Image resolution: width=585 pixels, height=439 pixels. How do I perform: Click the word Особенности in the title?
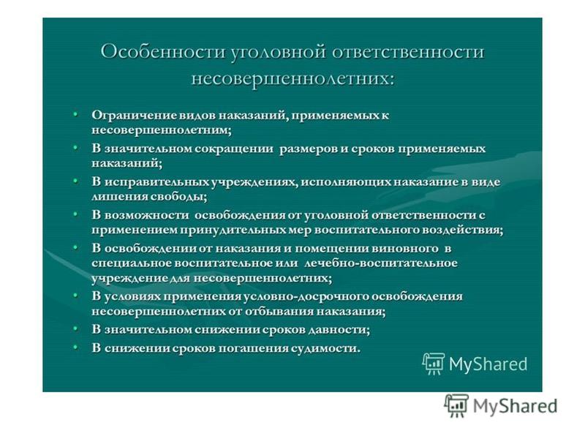[162, 51]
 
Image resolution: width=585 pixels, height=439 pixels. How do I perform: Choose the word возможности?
[147, 215]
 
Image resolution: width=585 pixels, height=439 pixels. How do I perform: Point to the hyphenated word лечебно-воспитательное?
[380, 263]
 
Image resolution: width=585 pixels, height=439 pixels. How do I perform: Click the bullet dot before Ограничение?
[76, 113]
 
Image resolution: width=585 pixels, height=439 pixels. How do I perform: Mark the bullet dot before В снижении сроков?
[76, 346]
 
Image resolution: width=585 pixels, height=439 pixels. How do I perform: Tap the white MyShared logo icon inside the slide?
[433, 363]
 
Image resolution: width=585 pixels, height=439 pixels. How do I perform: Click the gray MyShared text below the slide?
[516, 406]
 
